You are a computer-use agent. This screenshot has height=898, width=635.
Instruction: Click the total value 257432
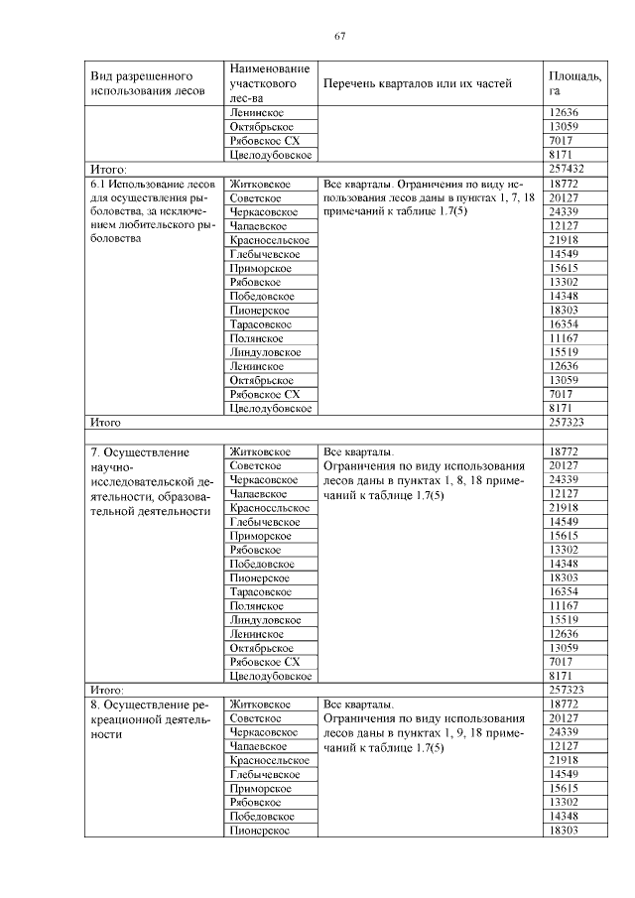tap(567, 170)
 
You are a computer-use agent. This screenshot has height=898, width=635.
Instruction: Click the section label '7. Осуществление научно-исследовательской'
tap(151, 481)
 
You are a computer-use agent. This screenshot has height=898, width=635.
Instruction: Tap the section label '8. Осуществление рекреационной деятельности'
tap(151, 718)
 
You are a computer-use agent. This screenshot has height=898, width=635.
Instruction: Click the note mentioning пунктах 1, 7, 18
tap(430, 197)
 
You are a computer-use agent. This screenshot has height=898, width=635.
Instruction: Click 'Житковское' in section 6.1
tap(259, 184)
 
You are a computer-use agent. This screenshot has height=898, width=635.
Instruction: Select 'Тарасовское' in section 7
tap(261, 591)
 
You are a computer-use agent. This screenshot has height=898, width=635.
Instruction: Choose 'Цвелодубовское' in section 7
tap(270, 676)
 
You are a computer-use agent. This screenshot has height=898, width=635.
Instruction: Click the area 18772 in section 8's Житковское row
tap(563, 704)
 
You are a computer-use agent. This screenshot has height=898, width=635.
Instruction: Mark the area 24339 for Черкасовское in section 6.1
tap(563, 211)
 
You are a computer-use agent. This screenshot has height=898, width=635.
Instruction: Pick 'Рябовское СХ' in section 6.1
tap(264, 393)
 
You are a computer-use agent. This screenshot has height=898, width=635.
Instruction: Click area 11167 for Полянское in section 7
tap(563, 605)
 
